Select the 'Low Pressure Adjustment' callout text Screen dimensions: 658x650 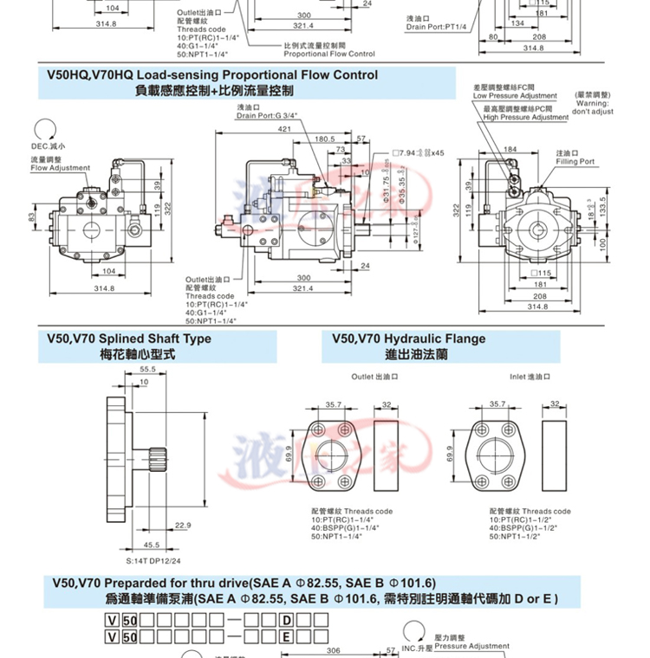tap(515, 95)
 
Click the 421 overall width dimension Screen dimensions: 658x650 tap(284, 128)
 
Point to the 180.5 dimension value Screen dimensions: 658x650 tap(325, 139)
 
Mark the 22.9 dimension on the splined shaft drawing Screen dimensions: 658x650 tap(183, 526)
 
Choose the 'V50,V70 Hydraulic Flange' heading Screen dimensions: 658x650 tap(403, 339)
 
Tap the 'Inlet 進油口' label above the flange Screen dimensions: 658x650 tap(530, 377)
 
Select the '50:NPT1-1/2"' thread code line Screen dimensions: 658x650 tap(518, 538)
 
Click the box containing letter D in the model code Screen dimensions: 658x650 tap(285, 620)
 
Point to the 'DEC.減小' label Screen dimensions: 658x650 tap(49, 147)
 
